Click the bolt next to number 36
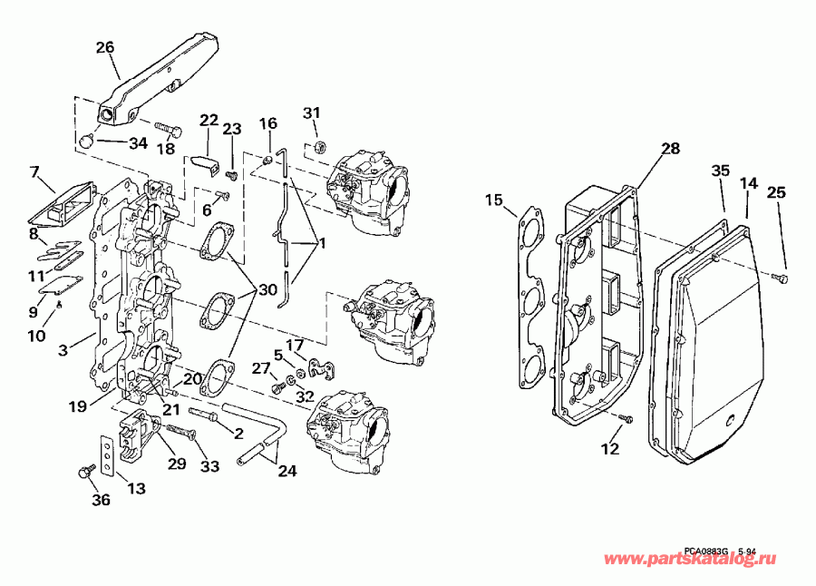click(86, 472)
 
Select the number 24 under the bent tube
click(287, 472)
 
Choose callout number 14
click(748, 183)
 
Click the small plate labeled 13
click(107, 454)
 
